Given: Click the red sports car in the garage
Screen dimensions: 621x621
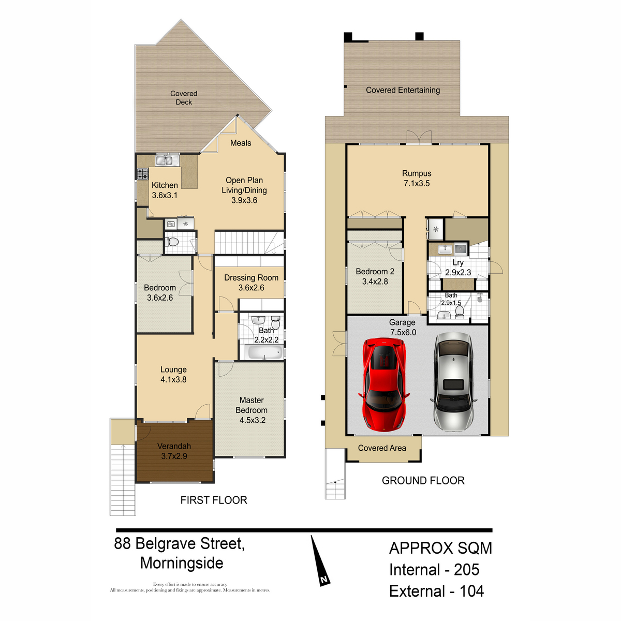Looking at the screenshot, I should point(383,385).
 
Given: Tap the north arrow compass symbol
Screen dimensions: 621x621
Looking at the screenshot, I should point(319,561).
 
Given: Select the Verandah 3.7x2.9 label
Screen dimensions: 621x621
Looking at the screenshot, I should point(174,451).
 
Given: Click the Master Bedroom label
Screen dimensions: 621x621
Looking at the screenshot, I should point(252,410).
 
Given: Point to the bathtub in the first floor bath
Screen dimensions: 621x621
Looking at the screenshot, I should point(264,353).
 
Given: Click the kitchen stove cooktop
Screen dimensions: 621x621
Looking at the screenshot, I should point(142,174).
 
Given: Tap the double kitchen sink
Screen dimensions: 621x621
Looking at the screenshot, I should point(165,160).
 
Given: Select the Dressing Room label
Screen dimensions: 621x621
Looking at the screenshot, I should point(251,283).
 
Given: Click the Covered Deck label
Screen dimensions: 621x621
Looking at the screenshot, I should point(184,98).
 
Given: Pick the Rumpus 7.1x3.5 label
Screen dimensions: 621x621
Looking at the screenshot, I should point(417,179).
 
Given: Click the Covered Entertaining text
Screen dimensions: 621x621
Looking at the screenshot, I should point(403,90).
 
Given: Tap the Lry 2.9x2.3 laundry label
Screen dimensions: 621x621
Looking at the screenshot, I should point(458,268).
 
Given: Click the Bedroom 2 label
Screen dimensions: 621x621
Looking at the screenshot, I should point(375,276).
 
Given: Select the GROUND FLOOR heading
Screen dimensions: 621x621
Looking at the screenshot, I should point(423,481).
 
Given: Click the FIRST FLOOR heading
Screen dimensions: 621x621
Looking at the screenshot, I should point(214,500).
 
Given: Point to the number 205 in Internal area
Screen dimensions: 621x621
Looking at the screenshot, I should point(466,570).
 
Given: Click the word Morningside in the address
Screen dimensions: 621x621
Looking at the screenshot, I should point(182,563).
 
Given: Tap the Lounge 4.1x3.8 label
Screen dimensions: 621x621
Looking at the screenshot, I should point(173,375).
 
